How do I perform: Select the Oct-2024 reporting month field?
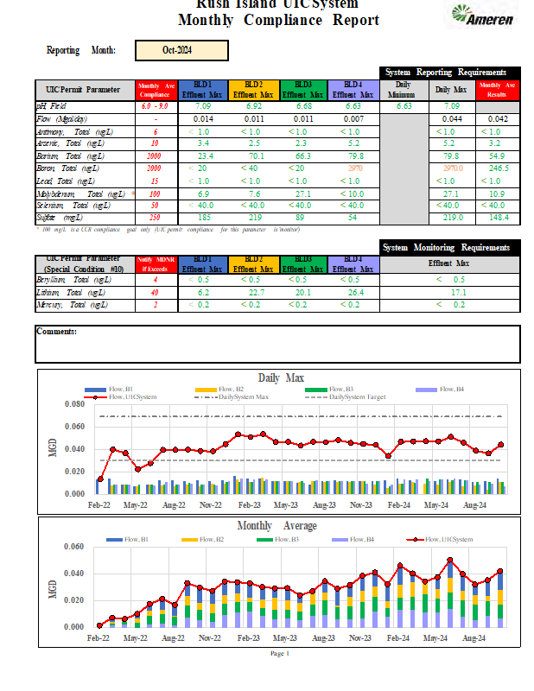tap(182, 51)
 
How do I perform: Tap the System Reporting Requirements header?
tap(450, 73)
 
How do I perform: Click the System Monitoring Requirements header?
tap(450, 248)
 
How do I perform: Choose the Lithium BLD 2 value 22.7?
tap(254, 293)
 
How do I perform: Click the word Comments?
tap(57, 332)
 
